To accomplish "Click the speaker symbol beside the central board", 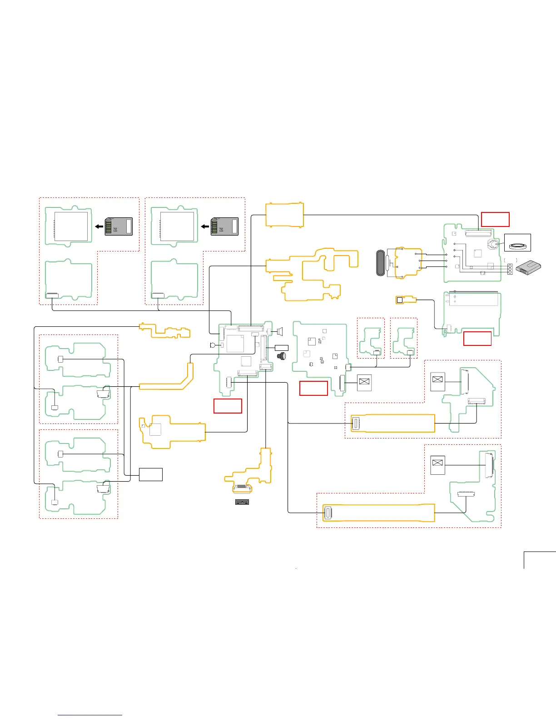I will pyautogui.click(x=279, y=331).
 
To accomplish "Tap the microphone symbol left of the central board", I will pyautogui.click(x=212, y=345).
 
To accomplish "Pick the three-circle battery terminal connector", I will pyautogui.click(x=510, y=269).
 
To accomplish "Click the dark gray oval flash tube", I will pyautogui.click(x=382, y=263).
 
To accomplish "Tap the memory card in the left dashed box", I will pyautogui.click(x=119, y=227).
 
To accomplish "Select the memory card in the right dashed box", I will pyautogui.click(x=224, y=227).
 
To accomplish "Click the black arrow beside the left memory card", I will pyautogui.click(x=99, y=226).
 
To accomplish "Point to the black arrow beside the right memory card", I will pyautogui.click(x=205, y=226).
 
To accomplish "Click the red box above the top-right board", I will pyautogui.click(x=495, y=219).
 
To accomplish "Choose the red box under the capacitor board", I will pyautogui.click(x=477, y=339).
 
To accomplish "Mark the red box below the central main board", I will pyautogui.click(x=228, y=406).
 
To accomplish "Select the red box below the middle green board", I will pyautogui.click(x=313, y=388).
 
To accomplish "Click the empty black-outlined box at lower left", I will pyautogui.click(x=150, y=474).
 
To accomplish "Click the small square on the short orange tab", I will pyautogui.click(x=400, y=300).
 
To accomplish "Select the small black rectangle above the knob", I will pyautogui.click(x=282, y=348).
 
